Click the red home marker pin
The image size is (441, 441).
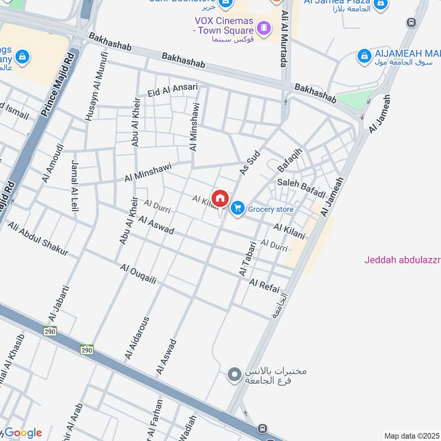tap(220, 198)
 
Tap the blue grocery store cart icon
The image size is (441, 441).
tap(238, 208)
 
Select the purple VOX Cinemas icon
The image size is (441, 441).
tap(264, 26)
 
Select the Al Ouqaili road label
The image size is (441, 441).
tap(138, 273)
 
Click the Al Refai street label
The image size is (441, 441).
tap(265, 286)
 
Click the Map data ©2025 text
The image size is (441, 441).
tap(412, 436)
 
